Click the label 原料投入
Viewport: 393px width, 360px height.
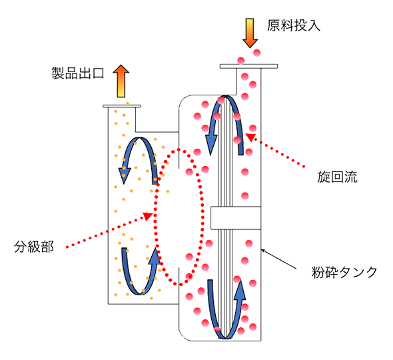294,25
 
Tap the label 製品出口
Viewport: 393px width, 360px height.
78,73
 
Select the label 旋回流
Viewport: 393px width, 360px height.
337,177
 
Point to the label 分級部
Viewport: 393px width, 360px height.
33,247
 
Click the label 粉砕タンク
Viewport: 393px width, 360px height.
344,272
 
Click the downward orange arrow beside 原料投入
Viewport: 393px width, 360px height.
250,33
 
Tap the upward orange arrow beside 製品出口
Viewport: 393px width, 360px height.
121,81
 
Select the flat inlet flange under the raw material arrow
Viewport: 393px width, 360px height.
248,66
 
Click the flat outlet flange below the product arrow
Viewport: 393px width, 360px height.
122,107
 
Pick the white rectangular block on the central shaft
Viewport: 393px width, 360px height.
236,218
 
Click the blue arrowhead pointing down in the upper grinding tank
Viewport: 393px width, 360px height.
211,144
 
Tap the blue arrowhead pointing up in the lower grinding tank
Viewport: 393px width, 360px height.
240,290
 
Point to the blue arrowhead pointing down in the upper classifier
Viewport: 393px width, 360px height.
125,175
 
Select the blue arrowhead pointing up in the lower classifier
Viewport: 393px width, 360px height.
154,255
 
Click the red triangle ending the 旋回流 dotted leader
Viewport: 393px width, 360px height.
250,137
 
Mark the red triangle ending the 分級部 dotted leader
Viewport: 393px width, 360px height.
148,216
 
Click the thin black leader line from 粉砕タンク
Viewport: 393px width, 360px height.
278,259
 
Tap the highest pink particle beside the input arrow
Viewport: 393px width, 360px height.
257,53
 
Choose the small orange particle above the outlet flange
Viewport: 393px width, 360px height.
127,103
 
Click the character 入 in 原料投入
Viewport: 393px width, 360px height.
314,25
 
